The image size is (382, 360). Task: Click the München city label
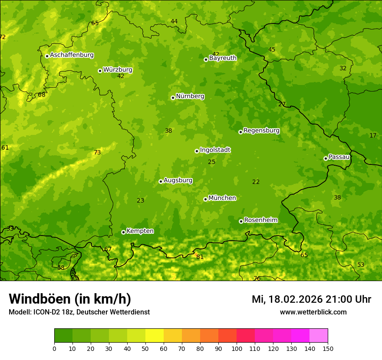pos(222,198)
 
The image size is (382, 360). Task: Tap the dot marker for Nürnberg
pos(173,98)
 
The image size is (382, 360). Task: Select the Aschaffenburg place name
pos(72,55)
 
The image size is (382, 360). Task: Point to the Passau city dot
pos(326,158)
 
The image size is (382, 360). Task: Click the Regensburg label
pos(261,131)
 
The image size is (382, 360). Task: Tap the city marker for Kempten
pos(123,232)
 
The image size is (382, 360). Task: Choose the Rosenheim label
pos(260,220)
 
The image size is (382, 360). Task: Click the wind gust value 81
pos(200,257)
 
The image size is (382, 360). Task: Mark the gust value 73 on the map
pos(97,152)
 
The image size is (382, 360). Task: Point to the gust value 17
pos(373,135)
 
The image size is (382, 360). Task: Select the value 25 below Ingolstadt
pos(211,162)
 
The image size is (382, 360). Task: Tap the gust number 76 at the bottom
pos(257,278)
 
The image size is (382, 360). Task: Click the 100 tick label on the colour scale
pos(237,348)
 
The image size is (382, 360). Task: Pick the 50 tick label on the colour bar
pos(145,348)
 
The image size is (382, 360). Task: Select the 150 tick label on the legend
pos(328,348)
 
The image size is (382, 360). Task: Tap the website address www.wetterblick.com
pos(313,312)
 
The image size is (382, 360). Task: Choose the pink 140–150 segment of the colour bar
pos(319,336)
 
